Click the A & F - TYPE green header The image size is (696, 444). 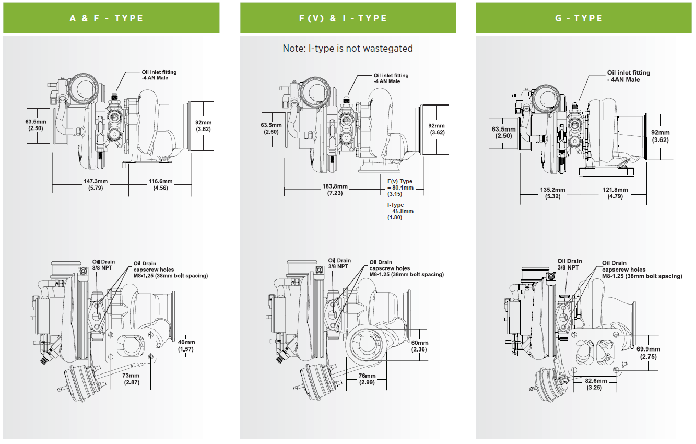[107, 18]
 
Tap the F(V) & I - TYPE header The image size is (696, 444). [343, 18]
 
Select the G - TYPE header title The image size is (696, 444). [579, 18]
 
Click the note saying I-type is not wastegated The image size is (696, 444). [347, 49]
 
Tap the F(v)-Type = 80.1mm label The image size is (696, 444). [400, 186]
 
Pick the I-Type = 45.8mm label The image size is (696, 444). [400, 211]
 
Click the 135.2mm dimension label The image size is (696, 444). [552, 193]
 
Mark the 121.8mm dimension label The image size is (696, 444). [615, 193]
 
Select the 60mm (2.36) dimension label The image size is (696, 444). [419, 346]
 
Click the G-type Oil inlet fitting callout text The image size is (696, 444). [629, 76]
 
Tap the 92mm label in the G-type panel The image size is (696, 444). [660, 136]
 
